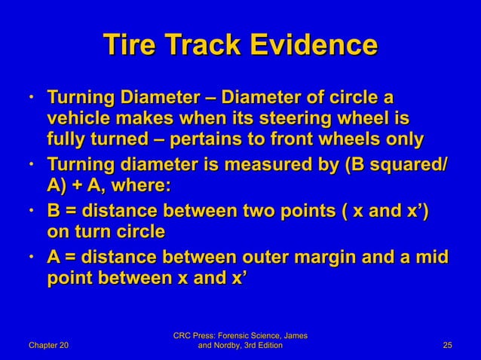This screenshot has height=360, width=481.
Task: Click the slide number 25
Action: pos(447,346)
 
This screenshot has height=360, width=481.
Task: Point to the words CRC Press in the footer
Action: pos(198,335)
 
